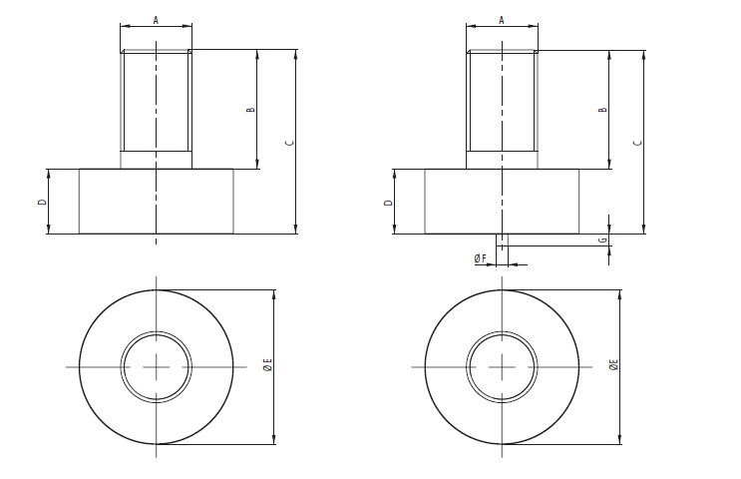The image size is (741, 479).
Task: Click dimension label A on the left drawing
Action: [156, 19]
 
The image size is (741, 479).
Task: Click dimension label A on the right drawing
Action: [502, 19]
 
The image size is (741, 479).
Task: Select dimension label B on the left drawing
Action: [250, 109]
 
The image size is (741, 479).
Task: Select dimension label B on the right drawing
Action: [601, 109]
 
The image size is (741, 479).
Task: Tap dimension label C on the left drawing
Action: [288, 142]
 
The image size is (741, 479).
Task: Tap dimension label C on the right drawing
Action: [637, 142]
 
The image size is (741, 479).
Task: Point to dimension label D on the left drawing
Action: [41, 202]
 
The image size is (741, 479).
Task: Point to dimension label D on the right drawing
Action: [388, 202]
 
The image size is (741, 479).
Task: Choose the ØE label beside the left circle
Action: [266, 366]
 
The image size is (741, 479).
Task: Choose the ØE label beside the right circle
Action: [613, 366]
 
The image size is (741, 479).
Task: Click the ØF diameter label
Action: [480, 258]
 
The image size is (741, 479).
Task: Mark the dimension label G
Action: [602, 240]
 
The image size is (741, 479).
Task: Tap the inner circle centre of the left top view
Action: [156, 367]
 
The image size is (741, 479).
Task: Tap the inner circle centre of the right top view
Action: [503, 367]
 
